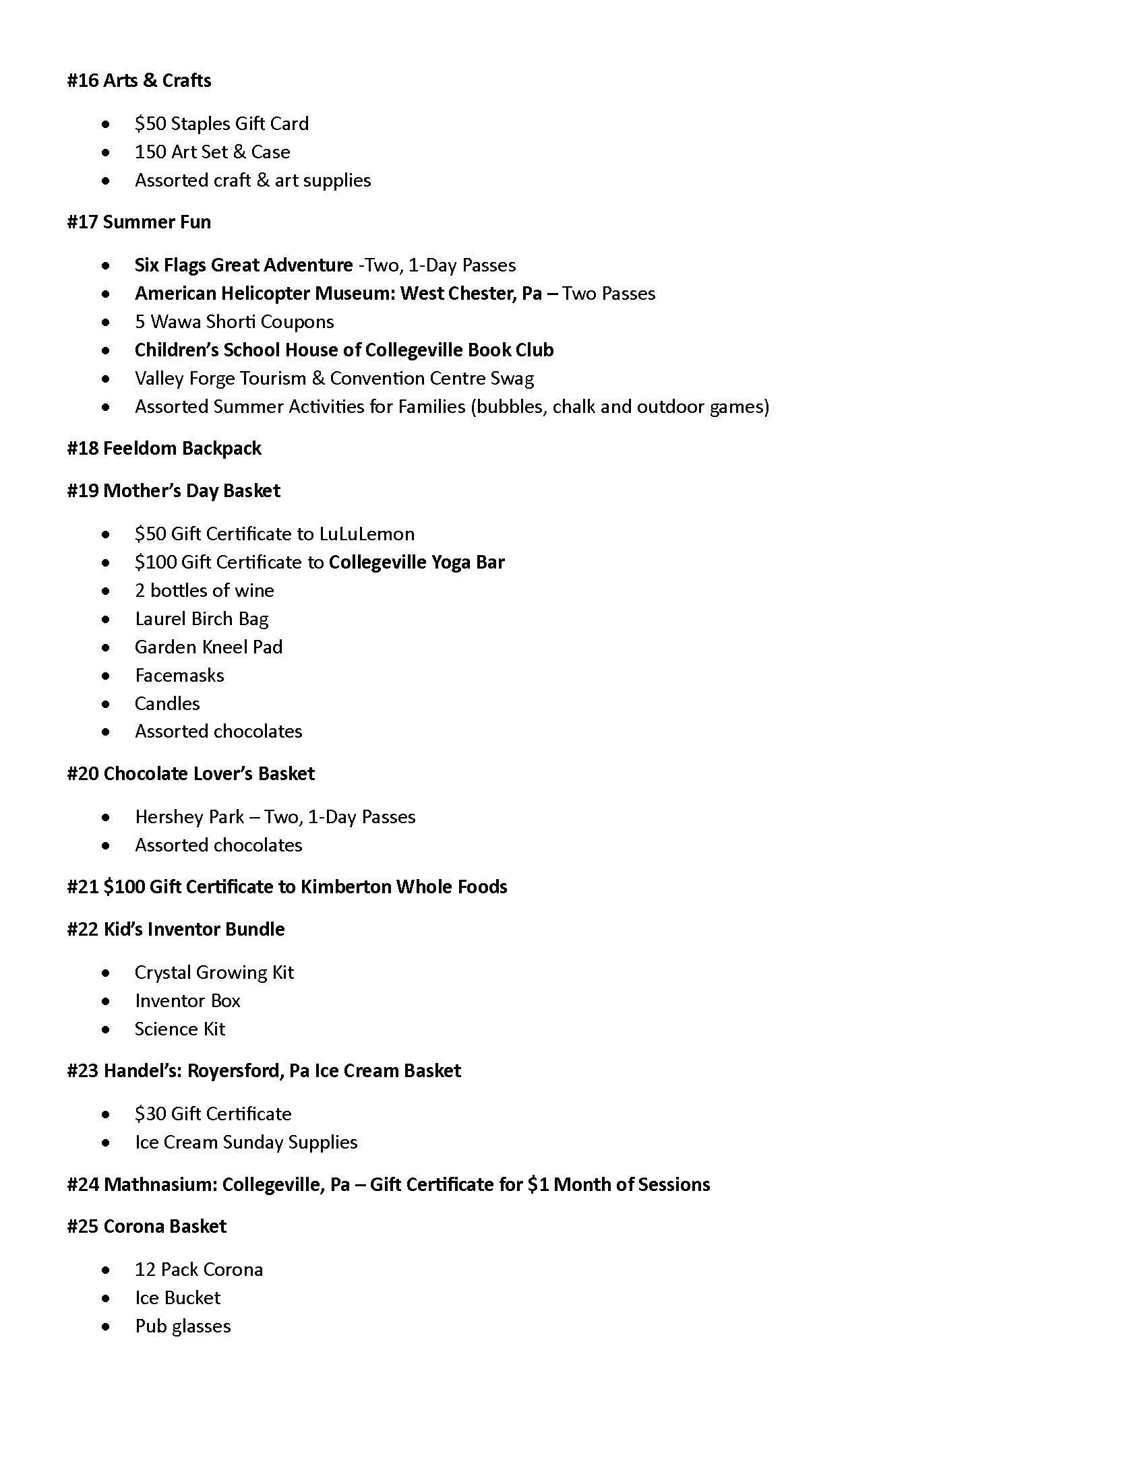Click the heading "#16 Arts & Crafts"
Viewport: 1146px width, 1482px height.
click(x=139, y=81)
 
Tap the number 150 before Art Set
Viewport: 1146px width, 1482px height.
click(x=150, y=152)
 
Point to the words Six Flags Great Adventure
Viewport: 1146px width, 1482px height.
click(x=244, y=265)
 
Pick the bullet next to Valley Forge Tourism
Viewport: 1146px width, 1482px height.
click(x=106, y=379)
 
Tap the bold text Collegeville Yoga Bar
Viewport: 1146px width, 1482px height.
click(x=416, y=562)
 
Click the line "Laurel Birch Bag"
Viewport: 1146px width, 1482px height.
click(x=202, y=619)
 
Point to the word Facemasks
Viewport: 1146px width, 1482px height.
click(x=179, y=676)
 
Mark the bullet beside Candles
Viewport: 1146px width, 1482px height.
click(x=106, y=705)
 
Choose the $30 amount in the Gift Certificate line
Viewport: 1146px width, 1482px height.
click(x=150, y=1114)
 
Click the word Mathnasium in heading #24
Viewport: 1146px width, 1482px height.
click(x=160, y=1185)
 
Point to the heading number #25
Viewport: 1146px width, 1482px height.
click(x=83, y=1227)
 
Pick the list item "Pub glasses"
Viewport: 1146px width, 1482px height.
click(x=183, y=1326)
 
